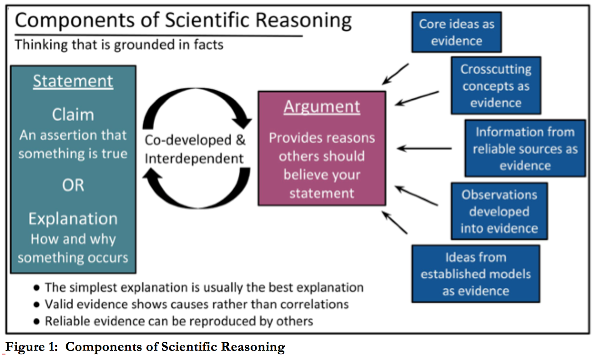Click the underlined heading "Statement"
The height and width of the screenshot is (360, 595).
click(73, 81)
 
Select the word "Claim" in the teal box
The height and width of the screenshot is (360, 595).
click(73, 115)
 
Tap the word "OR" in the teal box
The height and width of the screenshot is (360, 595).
click(73, 185)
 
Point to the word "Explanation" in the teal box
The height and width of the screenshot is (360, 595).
click(73, 219)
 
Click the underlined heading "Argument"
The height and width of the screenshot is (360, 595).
click(322, 107)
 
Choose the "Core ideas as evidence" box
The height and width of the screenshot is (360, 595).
click(456, 32)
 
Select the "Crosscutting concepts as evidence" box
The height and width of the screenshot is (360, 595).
click(496, 85)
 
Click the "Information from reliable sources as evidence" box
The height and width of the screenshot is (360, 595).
click(525, 148)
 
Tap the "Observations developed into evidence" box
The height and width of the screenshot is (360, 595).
click(499, 211)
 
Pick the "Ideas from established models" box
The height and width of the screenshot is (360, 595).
click(475, 274)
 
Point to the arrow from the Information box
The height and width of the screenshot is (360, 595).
click(424, 148)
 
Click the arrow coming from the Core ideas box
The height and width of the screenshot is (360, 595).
click(395, 74)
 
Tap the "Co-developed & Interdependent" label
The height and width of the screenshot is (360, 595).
click(195, 149)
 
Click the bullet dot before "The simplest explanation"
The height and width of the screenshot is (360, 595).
click(36, 288)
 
